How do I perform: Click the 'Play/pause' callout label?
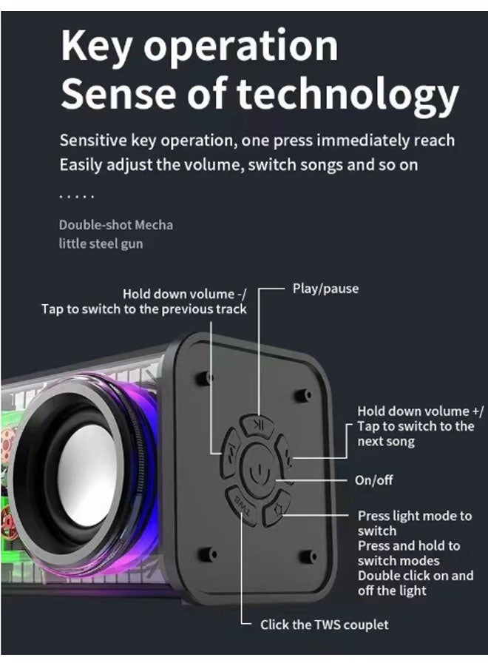point(325,289)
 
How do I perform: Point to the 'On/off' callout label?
point(374,480)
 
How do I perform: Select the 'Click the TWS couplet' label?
point(324,625)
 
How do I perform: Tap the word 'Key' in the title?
point(96,46)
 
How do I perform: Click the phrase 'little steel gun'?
point(101,243)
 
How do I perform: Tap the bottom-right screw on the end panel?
point(308,556)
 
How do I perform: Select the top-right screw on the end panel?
point(304,395)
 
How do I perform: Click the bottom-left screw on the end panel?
point(208,554)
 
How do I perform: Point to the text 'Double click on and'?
point(416,576)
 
